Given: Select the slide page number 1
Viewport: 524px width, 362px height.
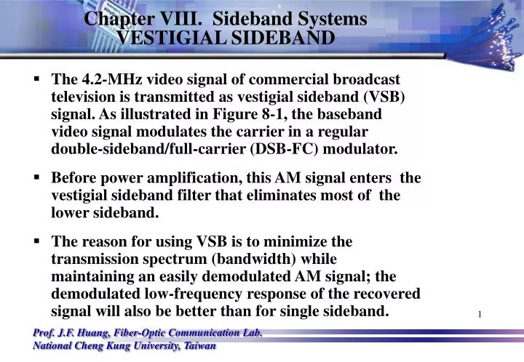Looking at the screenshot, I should (x=480, y=314).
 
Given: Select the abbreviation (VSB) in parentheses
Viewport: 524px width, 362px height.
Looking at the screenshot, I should (x=378, y=97).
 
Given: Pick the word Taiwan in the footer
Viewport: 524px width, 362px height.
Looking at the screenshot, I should (x=199, y=345).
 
